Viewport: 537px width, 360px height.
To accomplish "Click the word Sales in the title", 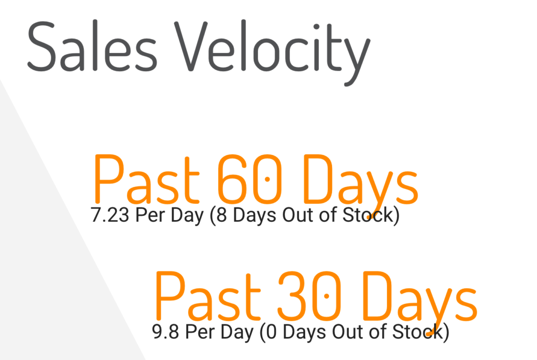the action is click(92, 46).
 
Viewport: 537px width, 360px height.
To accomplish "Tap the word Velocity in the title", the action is click(272, 52).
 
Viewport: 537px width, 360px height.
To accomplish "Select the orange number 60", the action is click(250, 178).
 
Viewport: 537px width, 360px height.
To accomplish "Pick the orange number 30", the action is click(309, 296).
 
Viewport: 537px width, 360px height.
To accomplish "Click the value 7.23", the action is click(110, 215).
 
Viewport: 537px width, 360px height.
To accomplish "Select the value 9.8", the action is click(165, 332).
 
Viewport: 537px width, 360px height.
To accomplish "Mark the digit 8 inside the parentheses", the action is click(222, 215).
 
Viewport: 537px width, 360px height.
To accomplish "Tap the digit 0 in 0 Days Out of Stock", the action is click(271, 332).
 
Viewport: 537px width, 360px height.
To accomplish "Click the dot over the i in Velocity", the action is click(316, 27).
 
